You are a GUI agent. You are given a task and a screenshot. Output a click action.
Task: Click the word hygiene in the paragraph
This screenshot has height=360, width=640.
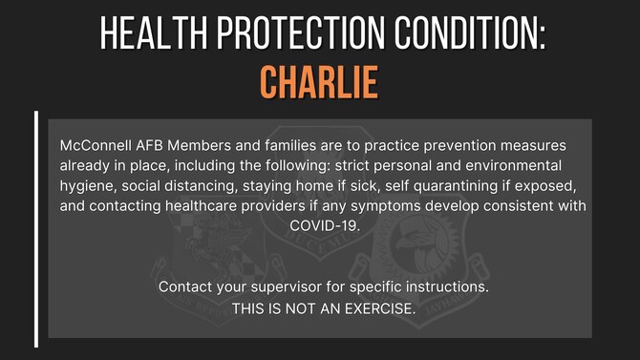(88, 185)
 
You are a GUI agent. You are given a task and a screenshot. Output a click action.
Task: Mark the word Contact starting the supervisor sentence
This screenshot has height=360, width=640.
(187, 286)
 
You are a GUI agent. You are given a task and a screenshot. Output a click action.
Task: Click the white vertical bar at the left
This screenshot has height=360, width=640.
(36, 229)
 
